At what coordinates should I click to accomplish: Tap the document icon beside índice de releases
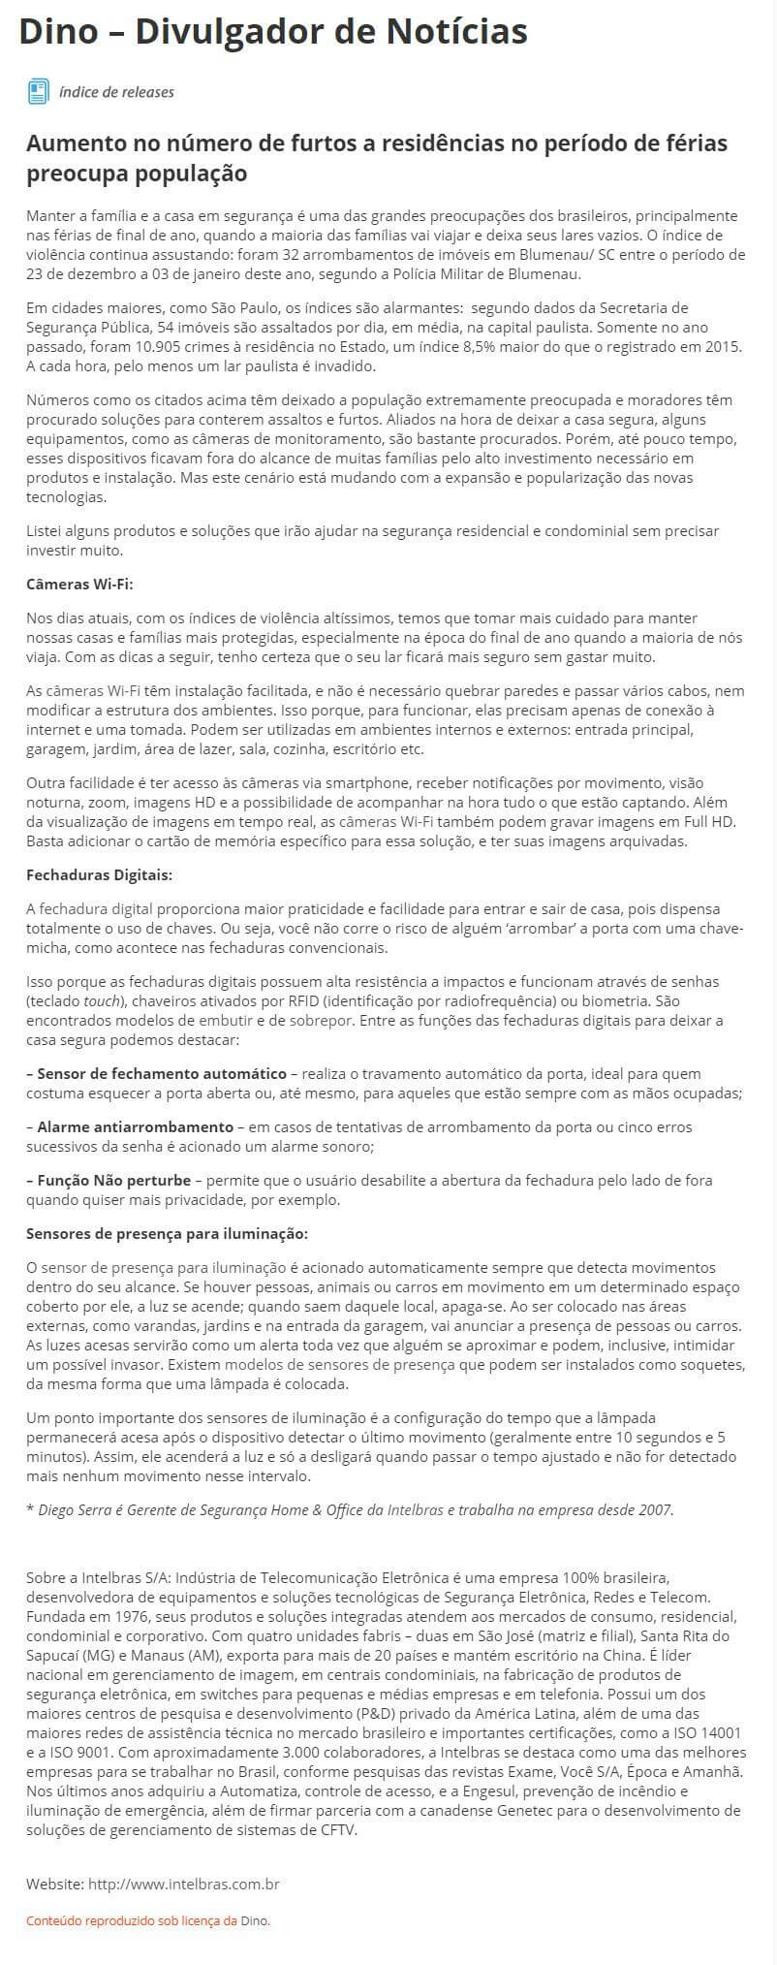click(x=38, y=92)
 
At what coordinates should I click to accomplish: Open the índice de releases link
click(x=116, y=92)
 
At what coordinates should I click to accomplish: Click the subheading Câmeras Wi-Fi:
click(x=79, y=585)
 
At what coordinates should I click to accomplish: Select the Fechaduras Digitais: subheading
click(x=99, y=875)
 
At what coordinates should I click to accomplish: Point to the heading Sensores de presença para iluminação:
click(x=167, y=1234)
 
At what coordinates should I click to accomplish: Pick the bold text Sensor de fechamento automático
click(x=162, y=1074)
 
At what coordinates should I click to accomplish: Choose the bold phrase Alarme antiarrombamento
click(x=136, y=1127)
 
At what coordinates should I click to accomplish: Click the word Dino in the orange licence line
click(x=254, y=1920)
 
